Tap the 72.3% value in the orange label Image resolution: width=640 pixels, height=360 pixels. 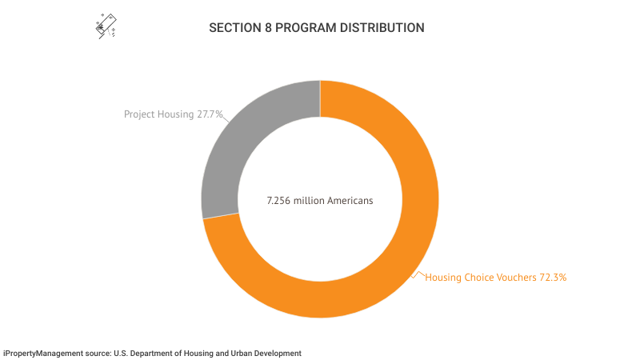point(552,278)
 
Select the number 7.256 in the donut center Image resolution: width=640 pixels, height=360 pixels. point(278,200)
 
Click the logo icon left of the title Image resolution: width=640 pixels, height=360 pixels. point(106,26)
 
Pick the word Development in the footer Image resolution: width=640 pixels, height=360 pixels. point(277,353)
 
